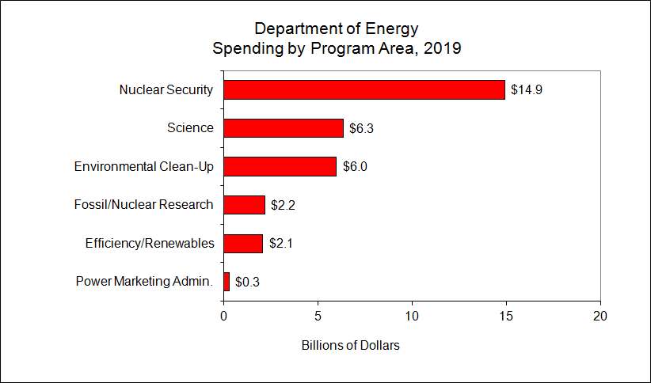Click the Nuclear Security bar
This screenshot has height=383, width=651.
[364, 89]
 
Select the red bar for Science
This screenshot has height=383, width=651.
[284, 128]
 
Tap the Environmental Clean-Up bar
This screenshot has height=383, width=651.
[280, 166]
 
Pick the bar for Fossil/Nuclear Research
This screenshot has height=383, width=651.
[244, 205]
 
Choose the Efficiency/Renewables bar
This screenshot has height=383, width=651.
[243, 243]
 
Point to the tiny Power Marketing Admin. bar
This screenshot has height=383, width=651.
[227, 282]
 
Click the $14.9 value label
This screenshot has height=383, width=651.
[527, 89]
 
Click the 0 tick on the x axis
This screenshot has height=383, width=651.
[224, 316]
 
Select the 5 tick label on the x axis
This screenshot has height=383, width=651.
[318, 316]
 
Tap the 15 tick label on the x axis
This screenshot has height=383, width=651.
[507, 316]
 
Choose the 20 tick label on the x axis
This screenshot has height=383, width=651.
[601, 316]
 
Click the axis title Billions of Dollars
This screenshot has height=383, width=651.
[351, 346]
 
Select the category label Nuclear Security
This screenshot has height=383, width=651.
[166, 89]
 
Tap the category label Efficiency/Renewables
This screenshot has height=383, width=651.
[150, 243]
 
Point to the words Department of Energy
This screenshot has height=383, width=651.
[337, 29]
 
